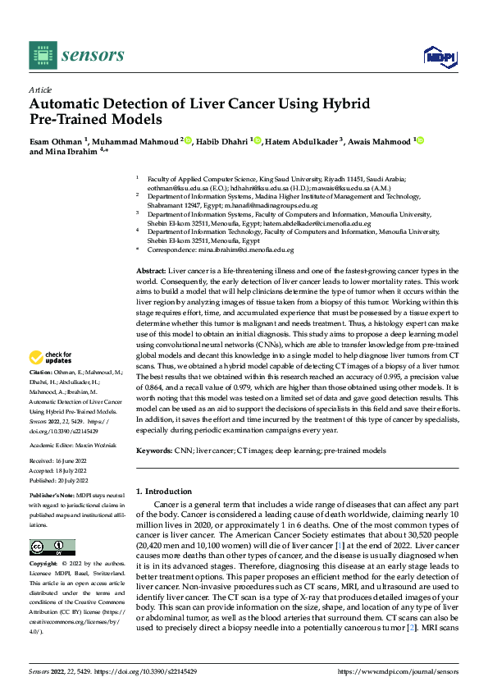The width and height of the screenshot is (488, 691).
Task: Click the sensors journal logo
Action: click(x=77, y=55)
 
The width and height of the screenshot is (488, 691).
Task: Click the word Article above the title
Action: click(x=40, y=89)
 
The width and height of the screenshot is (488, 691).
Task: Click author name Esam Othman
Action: click(x=59, y=141)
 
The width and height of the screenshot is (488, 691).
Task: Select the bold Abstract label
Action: click(x=151, y=270)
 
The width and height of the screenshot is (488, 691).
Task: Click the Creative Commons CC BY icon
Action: click(x=52, y=547)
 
